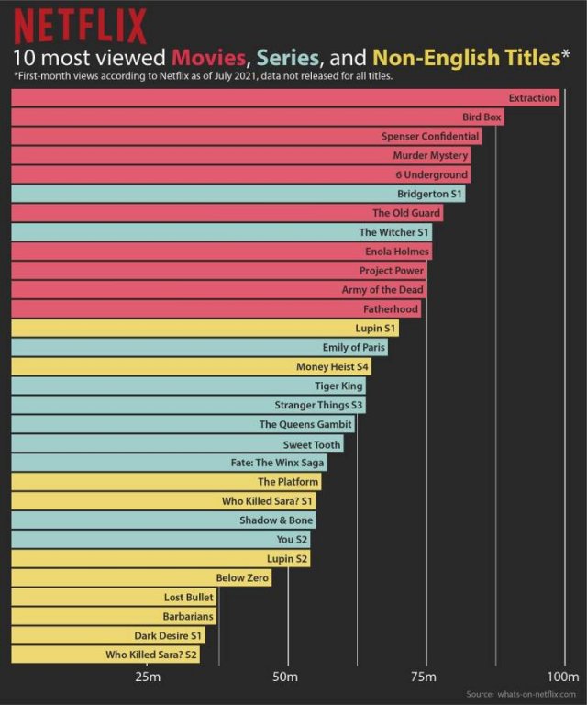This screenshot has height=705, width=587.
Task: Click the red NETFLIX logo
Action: click(x=80, y=25)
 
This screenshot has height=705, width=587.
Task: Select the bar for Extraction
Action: click(x=284, y=97)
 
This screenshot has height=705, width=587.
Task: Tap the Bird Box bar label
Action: click(x=482, y=117)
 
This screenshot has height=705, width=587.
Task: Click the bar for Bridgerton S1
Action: click(x=238, y=194)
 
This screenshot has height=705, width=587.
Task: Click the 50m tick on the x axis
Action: click(x=286, y=677)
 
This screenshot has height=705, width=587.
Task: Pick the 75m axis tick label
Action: click(x=424, y=677)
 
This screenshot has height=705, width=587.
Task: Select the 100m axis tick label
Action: click(x=563, y=677)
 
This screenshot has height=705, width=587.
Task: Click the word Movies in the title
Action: click(x=207, y=58)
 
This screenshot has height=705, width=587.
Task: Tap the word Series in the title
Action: click(x=287, y=58)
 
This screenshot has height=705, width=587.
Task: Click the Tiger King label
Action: click(x=338, y=386)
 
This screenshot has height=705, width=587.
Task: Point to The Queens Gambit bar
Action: click(x=183, y=424)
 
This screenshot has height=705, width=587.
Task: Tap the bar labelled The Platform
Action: click(x=166, y=482)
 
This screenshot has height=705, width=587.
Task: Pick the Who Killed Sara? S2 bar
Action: click(x=105, y=655)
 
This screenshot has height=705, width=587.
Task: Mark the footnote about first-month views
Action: click(x=203, y=77)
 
